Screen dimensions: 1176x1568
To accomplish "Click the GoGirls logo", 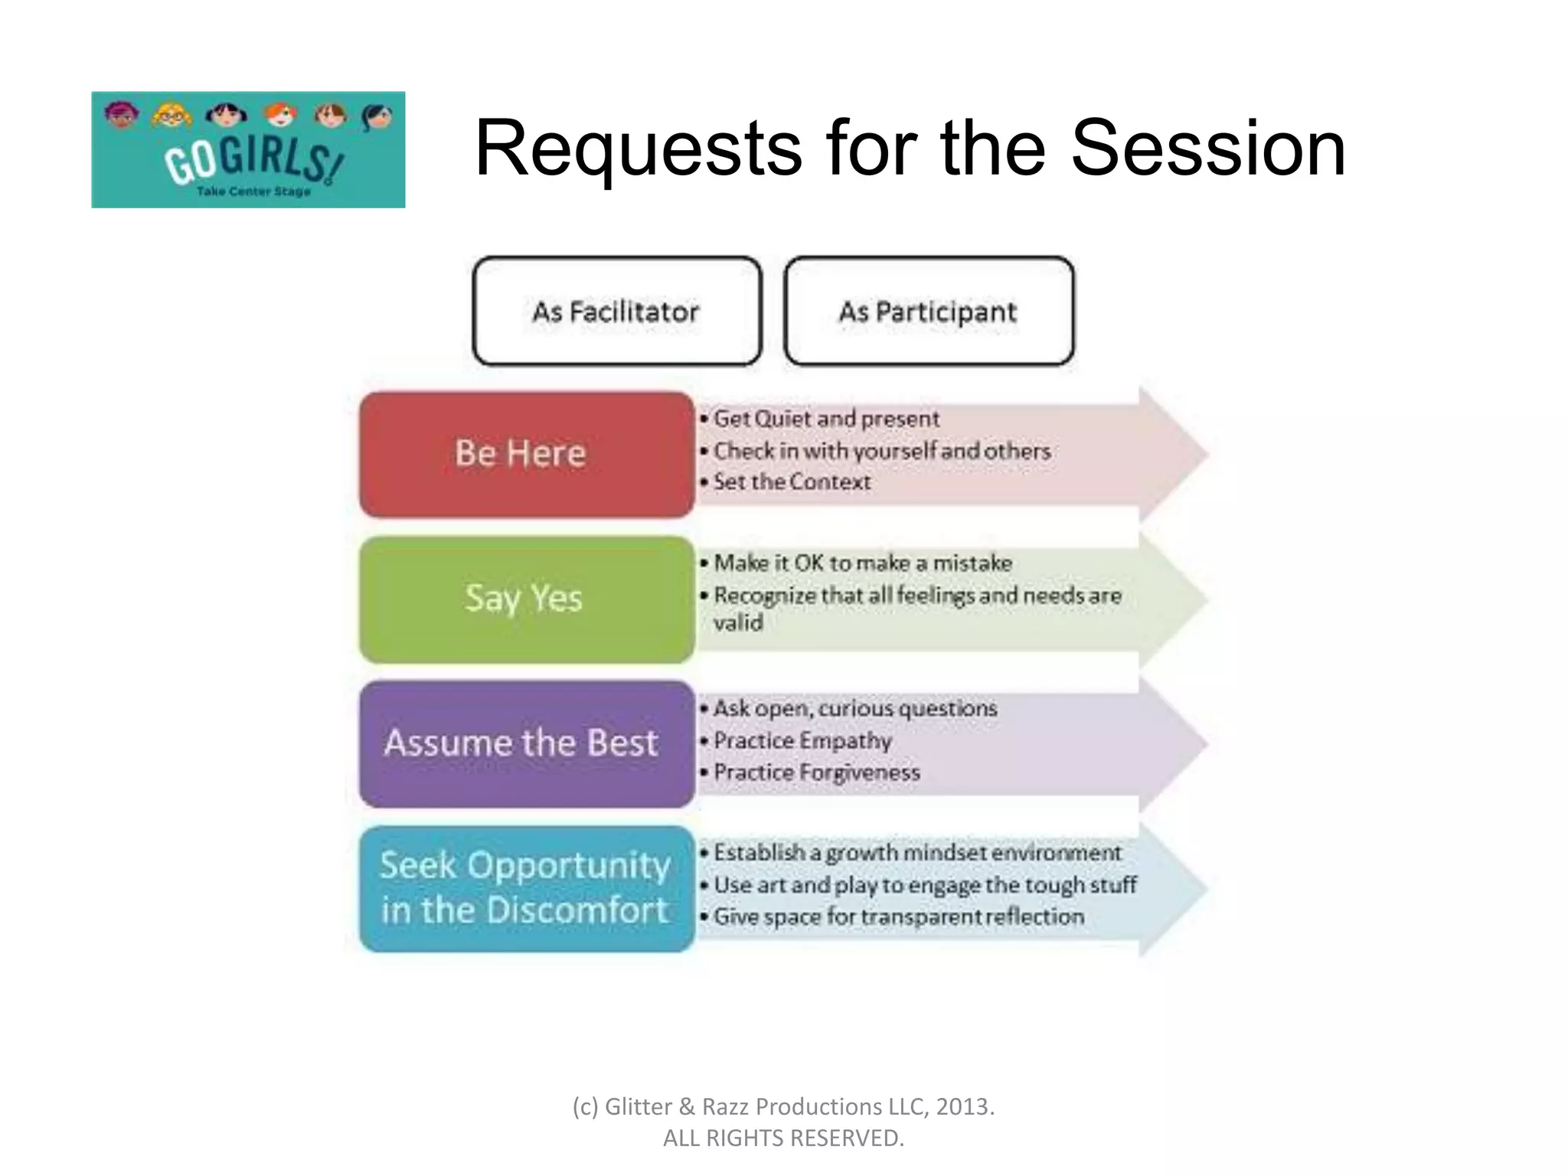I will click(x=248, y=150).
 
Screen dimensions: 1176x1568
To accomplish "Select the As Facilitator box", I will click(x=617, y=312).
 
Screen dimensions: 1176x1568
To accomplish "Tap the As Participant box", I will click(x=929, y=312).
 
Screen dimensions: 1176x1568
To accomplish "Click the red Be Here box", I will click(x=527, y=454).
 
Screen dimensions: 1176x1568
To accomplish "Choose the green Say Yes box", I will click(x=527, y=599).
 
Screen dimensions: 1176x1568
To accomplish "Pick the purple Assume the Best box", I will click(x=527, y=743).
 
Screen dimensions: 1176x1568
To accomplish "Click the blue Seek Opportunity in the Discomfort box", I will click(x=527, y=888).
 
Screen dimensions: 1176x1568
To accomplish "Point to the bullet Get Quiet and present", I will click(x=825, y=419).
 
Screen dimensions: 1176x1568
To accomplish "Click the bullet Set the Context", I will click(x=792, y=482).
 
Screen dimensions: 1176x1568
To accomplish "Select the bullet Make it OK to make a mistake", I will click(x=862, y=563).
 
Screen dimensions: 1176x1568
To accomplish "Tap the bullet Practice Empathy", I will click(x=802, y=740).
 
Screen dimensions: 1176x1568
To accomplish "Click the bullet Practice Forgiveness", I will click(x=816, y=773).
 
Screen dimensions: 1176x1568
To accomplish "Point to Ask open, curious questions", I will click(x=854, y=708).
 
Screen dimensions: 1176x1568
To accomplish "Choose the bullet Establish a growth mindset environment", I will click(x=916, y=852).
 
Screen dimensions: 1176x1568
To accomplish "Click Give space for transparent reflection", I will click(x=898, y=916).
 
